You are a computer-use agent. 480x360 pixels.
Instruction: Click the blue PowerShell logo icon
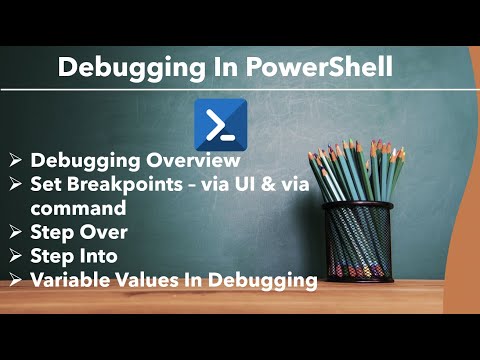point(216,124)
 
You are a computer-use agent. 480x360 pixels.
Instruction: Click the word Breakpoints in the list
point(125,184)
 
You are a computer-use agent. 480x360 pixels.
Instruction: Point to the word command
point(78,208)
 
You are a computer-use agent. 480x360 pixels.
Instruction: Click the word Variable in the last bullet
point(70,281)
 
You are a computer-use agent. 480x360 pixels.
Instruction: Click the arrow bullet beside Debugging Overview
point(16,161)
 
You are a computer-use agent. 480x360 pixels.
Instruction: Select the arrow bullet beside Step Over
point(16,233)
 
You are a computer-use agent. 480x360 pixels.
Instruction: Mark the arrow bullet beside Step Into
point(16,257)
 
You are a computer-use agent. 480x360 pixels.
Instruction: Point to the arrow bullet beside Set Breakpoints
point(16,185)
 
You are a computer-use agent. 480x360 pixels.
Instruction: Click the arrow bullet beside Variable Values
point(16,281)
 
